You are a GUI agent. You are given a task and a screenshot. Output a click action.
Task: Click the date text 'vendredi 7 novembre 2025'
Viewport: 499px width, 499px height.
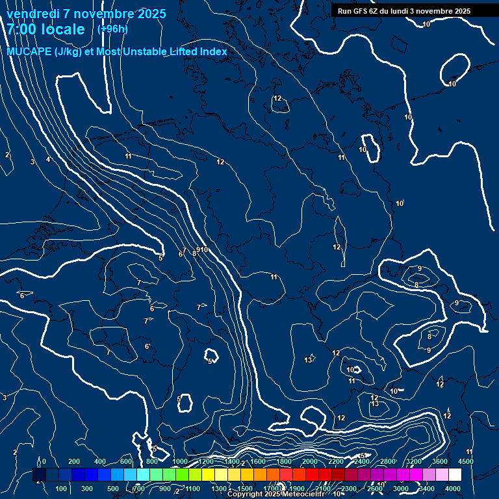[86, 14]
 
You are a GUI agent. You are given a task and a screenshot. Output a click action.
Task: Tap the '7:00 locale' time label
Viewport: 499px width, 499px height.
[45, 29]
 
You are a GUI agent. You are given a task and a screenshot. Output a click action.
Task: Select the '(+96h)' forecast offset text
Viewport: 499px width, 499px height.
[112, 29]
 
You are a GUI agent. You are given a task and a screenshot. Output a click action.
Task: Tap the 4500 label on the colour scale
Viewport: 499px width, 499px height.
[466, 461]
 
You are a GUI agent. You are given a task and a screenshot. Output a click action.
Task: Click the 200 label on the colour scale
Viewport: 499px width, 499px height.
[73, 461]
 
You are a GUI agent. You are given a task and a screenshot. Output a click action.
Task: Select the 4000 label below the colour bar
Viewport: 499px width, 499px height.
[453, 489]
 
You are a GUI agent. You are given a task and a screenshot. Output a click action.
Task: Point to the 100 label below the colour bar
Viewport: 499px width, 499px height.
[62, 489]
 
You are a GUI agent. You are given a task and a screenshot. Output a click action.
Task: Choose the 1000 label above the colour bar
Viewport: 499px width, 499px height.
[179, 461]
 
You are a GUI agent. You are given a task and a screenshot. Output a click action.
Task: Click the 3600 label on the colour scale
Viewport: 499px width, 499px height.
[440, 461]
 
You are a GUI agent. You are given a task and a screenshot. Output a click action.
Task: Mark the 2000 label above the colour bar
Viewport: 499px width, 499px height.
[310, 461]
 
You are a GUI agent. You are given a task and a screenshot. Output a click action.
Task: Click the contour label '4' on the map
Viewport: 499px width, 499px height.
[47, 159]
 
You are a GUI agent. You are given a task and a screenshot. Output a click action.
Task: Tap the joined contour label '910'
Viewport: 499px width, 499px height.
[202, 250]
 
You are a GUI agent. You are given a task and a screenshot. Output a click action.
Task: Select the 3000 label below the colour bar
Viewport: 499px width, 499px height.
[401, 489]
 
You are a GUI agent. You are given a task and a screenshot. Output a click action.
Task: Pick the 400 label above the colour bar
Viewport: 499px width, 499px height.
[100, 461]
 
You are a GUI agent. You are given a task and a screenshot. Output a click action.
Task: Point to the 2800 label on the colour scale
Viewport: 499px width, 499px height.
[388, 461]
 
